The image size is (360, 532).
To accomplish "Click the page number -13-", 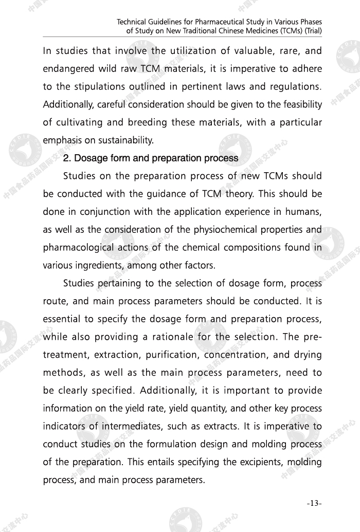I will [x=314, y=503].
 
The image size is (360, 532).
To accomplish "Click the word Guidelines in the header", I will [x=157, y=22].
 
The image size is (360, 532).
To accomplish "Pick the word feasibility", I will [x=301, y=104].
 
